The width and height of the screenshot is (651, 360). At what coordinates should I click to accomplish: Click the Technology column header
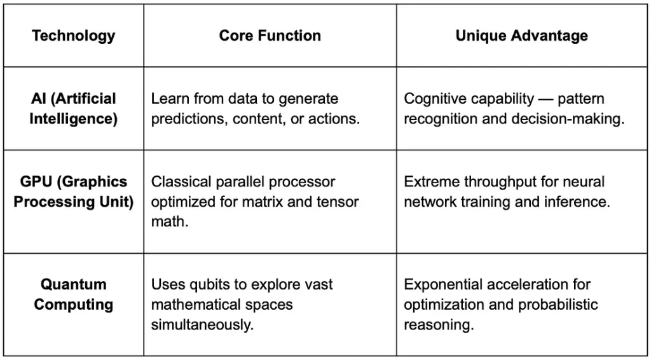point(74,36)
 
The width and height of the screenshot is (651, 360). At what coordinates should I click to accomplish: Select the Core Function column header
point(270,36)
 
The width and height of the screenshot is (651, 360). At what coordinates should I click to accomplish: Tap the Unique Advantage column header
point(521,36)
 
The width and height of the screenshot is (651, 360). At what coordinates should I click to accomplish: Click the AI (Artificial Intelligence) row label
point(74,109)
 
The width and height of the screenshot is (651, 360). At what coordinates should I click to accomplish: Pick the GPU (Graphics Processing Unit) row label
point(74,192)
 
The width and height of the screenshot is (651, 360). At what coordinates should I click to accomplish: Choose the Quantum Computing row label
point(74,294)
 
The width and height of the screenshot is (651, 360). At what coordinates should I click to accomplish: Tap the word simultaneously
point(202,325)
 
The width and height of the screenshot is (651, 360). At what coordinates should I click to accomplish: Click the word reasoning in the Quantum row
point(439,326)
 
